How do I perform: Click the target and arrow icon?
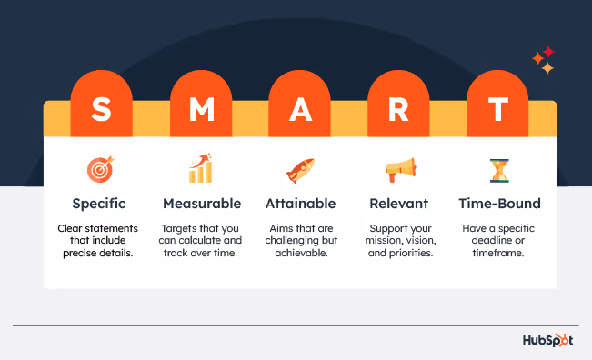pos(100,169)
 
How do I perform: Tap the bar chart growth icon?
pos(201,168)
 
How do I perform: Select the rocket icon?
pos(300,169)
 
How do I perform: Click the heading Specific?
pos(100,203)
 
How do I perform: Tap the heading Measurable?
pos(201,203)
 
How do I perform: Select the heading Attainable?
pos(300,203)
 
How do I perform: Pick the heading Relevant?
pos(399,203)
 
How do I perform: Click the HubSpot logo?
pos(550,341)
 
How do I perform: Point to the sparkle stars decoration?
pos(543,61)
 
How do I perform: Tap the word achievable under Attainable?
pos(300,255)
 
